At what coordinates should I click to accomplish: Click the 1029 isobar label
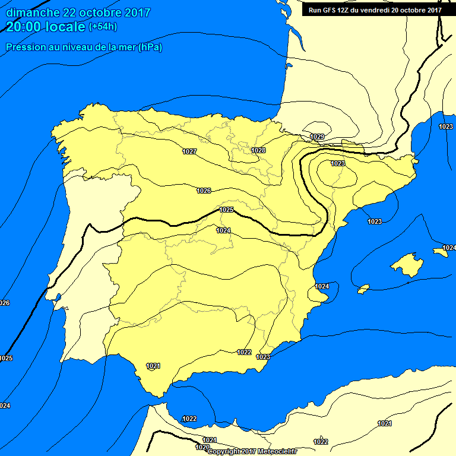click(x=318, y=137)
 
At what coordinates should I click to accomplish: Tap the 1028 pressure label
click(x=258, y=151)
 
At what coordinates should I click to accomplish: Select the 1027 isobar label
click(x=189, y=152)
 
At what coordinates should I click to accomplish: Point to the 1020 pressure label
click(x=202, y=447)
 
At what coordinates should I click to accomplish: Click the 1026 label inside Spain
click(x=204, y=191)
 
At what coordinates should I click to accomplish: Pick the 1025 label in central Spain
click(x=226, y=210)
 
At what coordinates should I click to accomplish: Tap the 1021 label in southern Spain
click(x=153, y=366)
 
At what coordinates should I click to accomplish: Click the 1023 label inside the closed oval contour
click(x=338, y=163)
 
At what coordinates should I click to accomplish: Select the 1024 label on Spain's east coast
click(x=322, y=286)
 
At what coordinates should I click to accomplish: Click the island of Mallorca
click(x=406, y=265)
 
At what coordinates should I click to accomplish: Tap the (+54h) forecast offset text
click(x=103, y=27)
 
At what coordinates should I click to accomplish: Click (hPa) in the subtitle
click(x=150, y=47)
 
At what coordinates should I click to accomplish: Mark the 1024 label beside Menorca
click(x=449, y=248)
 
